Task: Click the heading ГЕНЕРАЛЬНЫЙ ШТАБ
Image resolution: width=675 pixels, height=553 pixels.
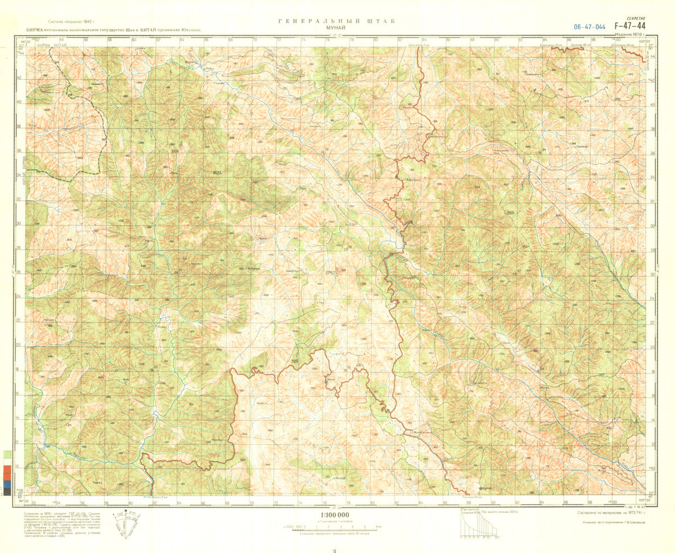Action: tap(337, 21)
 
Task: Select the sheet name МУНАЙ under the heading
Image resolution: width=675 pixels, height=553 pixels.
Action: tap(337, 27)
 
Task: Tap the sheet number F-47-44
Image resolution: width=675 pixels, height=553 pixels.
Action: tap(630, 26)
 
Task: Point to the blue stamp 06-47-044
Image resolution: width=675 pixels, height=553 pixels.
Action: tap(589, 26)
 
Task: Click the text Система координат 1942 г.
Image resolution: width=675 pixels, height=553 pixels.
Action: tap(71, 20)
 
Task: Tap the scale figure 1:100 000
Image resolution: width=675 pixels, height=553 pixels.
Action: tap(335, 515)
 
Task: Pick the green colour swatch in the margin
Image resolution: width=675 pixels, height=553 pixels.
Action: tap(6, 453)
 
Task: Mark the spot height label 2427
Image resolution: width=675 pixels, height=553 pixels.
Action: tap(218, 172)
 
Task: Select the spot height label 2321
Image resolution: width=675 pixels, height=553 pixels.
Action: tap(295, 361)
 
